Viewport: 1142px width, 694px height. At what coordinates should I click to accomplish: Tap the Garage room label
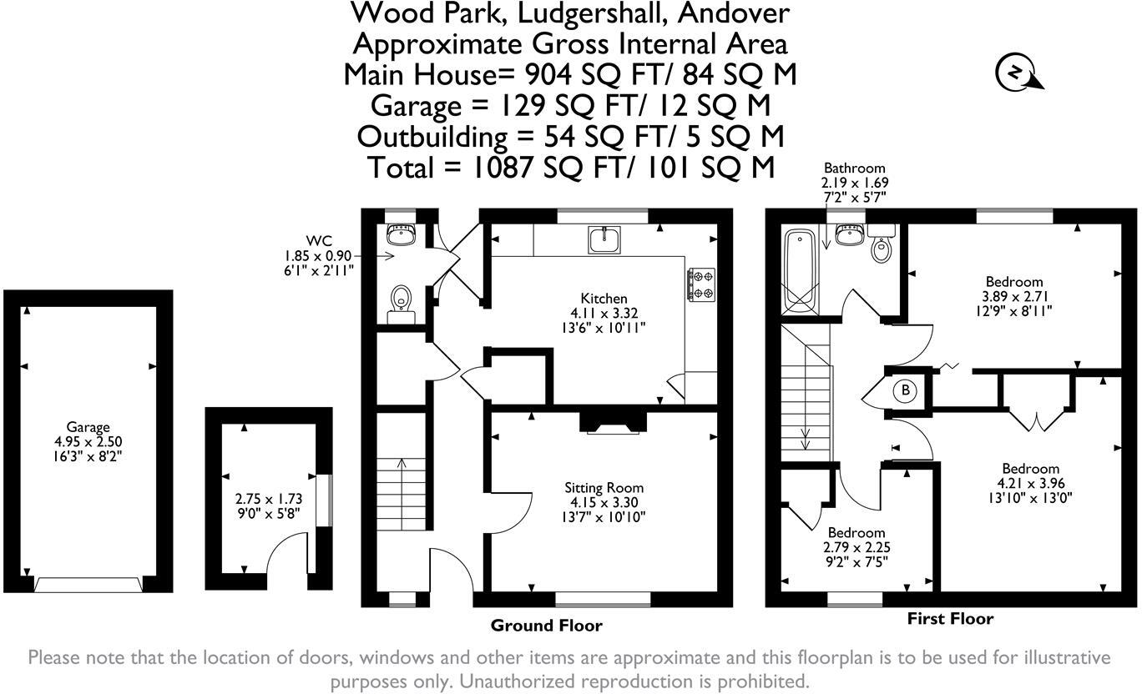[x=88, y=427]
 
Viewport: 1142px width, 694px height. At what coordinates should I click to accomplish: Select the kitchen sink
[x=604, y=240]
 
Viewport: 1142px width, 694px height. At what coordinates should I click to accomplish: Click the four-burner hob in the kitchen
[x=701, y=284]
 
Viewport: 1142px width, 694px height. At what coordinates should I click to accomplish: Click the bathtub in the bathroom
[x=800, y=270]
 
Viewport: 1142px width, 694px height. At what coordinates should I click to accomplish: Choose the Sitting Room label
[x=604, y=488]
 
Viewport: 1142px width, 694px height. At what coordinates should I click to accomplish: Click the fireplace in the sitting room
[x=614, y=423]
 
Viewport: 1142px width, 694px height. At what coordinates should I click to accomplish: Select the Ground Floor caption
[x=546, y=626]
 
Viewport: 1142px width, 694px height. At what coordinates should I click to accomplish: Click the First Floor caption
[x=950, y=619]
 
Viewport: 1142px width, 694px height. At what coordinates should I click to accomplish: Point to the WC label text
[x=319, y=240]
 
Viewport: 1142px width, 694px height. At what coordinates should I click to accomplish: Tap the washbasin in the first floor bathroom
[x=848, y=235]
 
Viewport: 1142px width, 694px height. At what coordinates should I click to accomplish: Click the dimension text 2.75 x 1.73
[x=269, y=498]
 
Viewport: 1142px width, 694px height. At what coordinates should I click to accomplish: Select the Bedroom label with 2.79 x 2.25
[x=856, y=532]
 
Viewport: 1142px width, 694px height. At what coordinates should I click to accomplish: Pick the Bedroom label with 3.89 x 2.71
[x=1014, y=282]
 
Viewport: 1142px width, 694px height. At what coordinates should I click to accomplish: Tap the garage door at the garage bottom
[x=88, y=584]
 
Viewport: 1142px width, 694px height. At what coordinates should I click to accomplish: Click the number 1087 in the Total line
[x=503, y=168]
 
